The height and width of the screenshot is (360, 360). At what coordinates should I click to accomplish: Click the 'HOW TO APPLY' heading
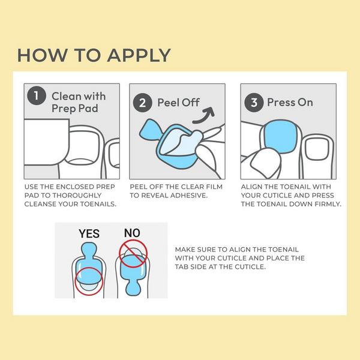[x=94, y=55]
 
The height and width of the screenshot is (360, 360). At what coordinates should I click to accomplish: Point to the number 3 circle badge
[x=253, y=102]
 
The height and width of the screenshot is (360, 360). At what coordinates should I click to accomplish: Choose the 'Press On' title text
[x=290, y=102]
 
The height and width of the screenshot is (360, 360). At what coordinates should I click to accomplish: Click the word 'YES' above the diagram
[x=89, y=233]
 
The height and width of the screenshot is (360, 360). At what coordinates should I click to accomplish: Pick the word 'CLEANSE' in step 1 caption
[x=43, y=204]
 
